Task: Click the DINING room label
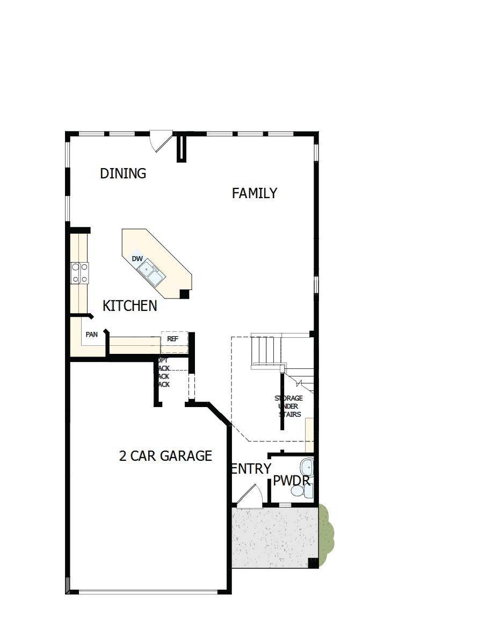pyautogui.click(x=123, y=173)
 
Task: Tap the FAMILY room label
pyautogui.click(x=255, y=193)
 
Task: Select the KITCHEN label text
pyautogui.click(x=130, y=306)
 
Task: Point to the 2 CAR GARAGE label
pyautogui.click(x=165, y=456)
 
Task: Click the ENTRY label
pyautogui.click(x=251, y=469)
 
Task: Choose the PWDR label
pyautogui.click(x=292, y=481)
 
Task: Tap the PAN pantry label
pyautogui.click(x=92, y=335)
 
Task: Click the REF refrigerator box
pyautogui.click(x=173, y=339)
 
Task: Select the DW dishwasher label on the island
pyautogui.click(x=137, y=259)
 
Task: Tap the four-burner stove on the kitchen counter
pyautogui.click(x=80, y=272)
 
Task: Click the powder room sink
pyautogui.click(x=307, y=466)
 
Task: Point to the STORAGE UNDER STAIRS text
pyautogui.click(x=289, y=406)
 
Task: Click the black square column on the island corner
pyautogui.click(x=185, y=294)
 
